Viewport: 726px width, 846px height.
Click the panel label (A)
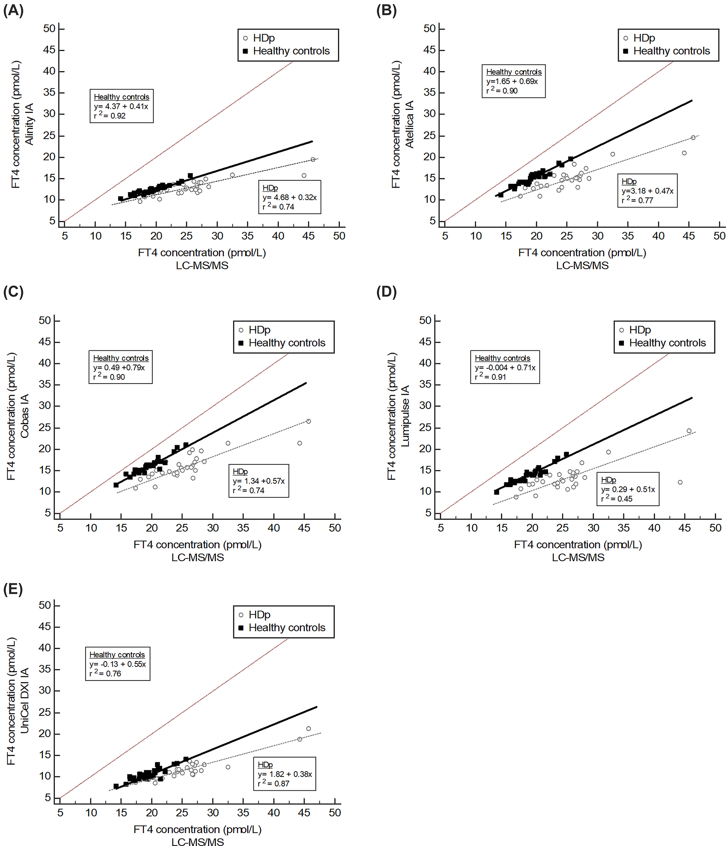pyautogui.click(x=13, y=10)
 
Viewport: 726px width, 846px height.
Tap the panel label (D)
pyautogui.click(x=386, y=291)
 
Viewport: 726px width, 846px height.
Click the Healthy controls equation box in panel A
pyautogui.click(x=121, y=106)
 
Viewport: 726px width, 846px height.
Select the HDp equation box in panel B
pyautogui.click(x=647, y=191)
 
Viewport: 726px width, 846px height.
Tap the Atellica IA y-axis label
pyautogui.click(x=409, y=124)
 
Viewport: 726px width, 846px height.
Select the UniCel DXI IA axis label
pyautogui.click(x=25, y=701)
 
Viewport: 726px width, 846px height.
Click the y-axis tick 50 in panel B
pyautogui.click(x=429, y=29)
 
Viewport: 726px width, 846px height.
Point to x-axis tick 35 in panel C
pyautogui.click(x=243, y=528)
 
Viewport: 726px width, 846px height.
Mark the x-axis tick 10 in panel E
pyautogui.click(x=91, y=813)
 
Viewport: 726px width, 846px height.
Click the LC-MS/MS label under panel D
pyautogui.click(x=578, y=557)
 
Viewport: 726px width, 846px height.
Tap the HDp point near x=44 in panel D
pyautogui.click(x=680, y=482)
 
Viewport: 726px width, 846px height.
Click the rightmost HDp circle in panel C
pyautogui.click(x=308, y=421)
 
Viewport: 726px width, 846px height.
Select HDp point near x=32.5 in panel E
pyautogui.click(x=228, y=767)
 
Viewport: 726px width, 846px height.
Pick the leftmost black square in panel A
pyautogui.click(x=120, y=199)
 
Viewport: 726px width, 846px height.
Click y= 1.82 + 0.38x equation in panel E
pyautogui.click(x=284, y=774)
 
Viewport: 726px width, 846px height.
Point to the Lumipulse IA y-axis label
pyautogui.click(x=405, y=417)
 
